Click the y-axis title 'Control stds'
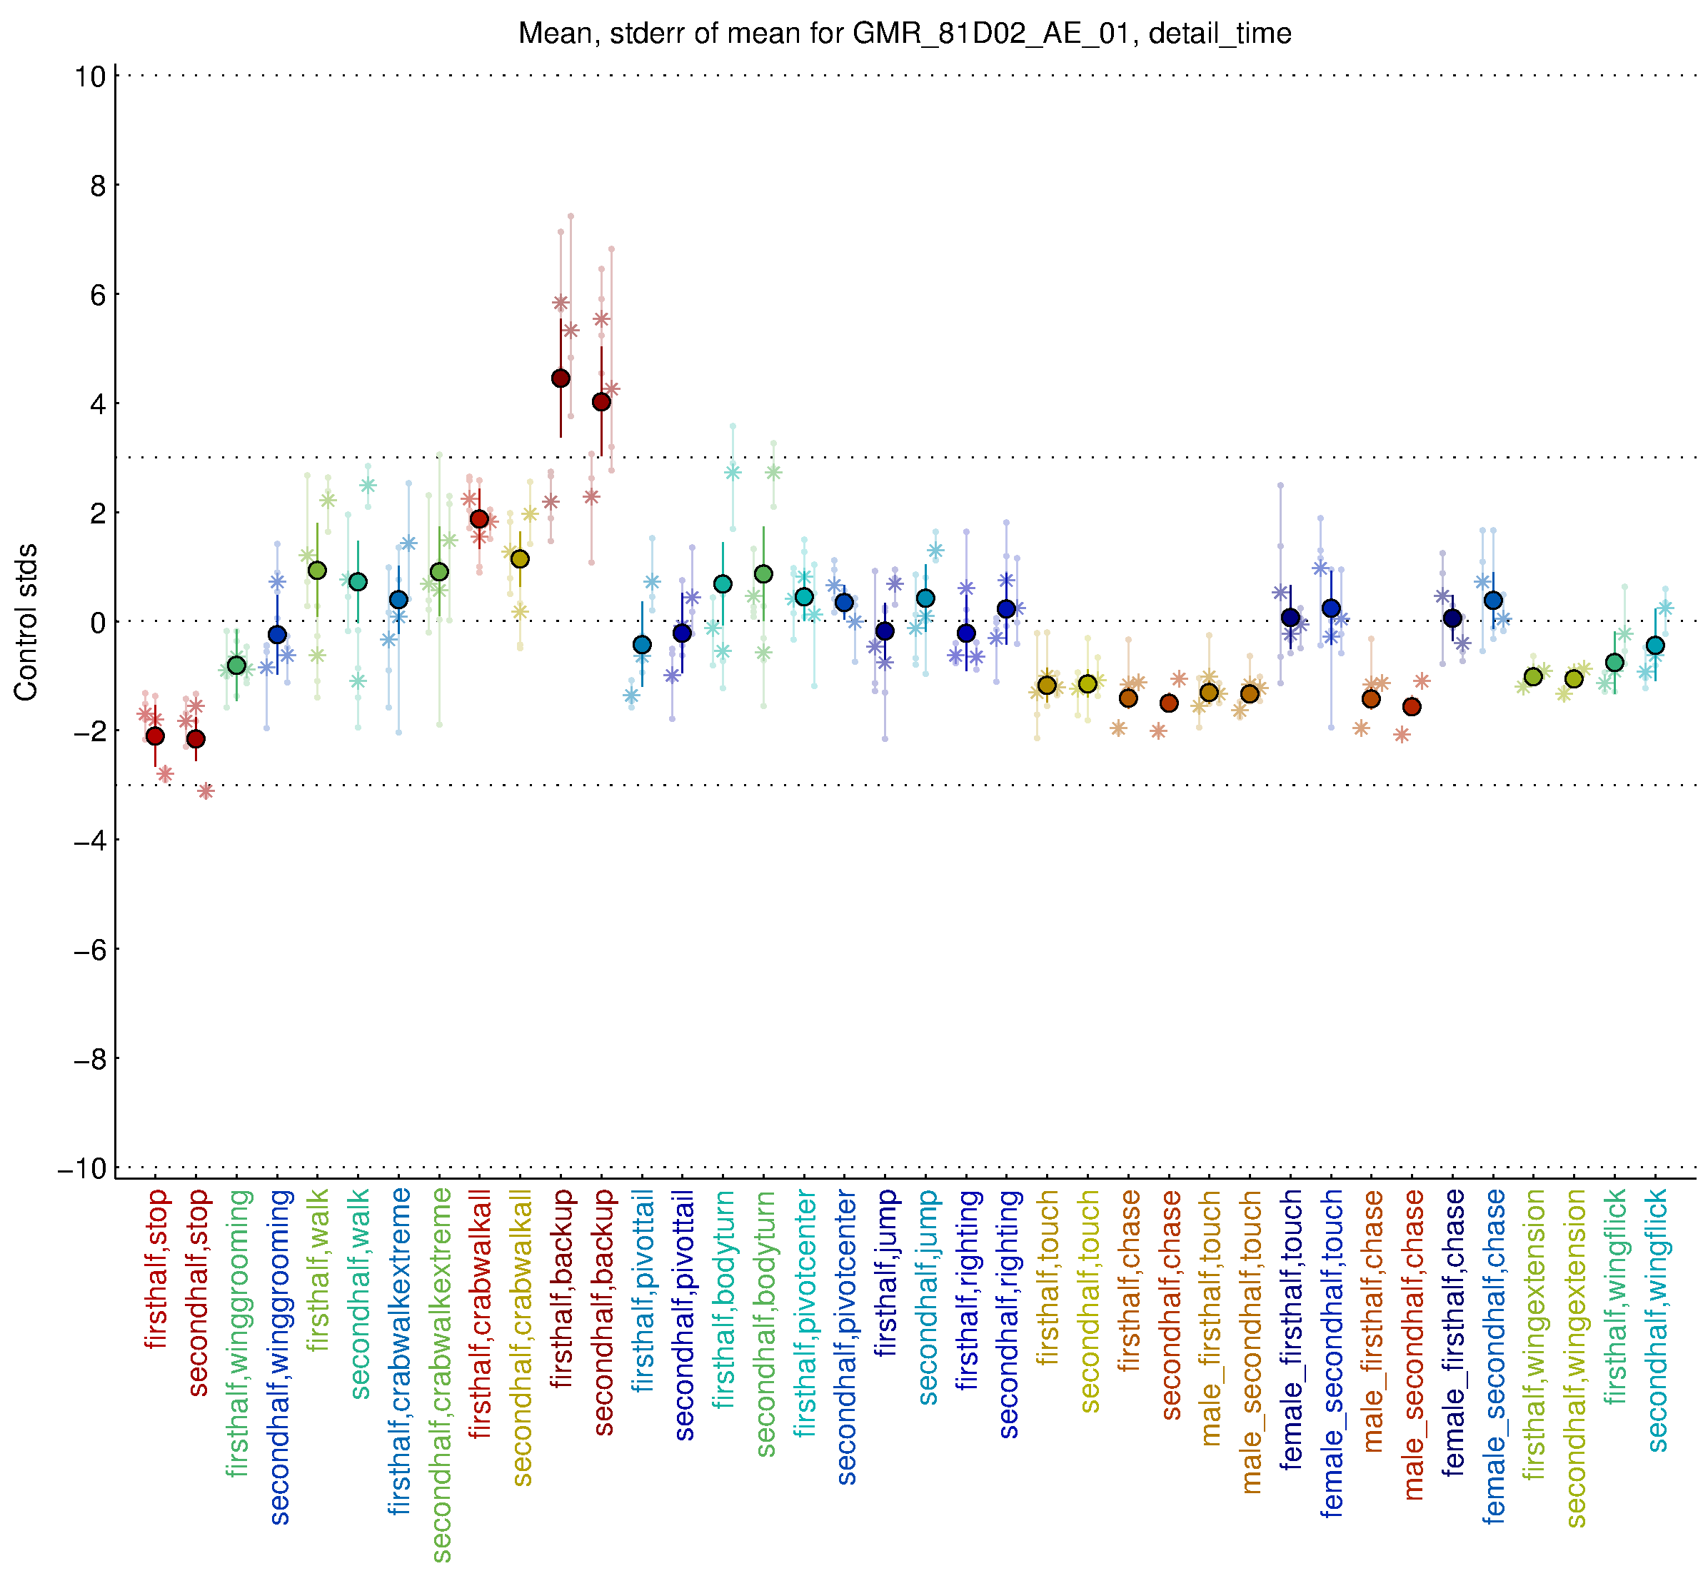point(26,621)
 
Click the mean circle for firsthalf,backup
point(561,378)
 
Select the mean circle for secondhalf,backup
point(601,402)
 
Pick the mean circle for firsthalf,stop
point(155,736)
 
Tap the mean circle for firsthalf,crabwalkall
point(480,519)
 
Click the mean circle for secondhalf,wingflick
point(1654,646)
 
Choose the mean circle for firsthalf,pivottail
point(642,644)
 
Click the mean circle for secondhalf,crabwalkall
point(521,558)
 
